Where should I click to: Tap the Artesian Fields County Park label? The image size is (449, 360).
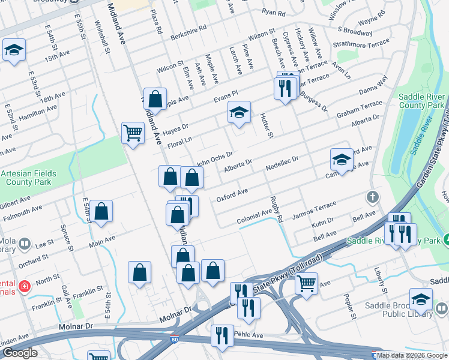pyautogui.click(x=28, y=178)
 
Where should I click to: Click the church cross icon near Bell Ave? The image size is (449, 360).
pyautogui.click(x=373, y=197)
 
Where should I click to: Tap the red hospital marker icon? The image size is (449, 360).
pyautogui.click(x=24, y=286)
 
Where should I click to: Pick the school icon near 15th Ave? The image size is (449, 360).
pyautogui.click(x=14, y=50)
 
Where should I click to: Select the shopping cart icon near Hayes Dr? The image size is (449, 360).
pyautogui.click(x=133, y=132)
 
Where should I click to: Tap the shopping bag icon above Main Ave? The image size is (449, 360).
pyautogui.click(x=101, y=211)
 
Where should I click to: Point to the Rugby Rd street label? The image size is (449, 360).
pyautogui.click(x=276, y=209)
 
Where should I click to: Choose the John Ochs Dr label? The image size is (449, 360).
pyautogui.click(x=215, y=158)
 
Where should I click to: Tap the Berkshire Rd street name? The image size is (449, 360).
pyautogui.click(x=188, y=28)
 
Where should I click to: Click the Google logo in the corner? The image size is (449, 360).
pyautogui.click(x=20, y=353)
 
